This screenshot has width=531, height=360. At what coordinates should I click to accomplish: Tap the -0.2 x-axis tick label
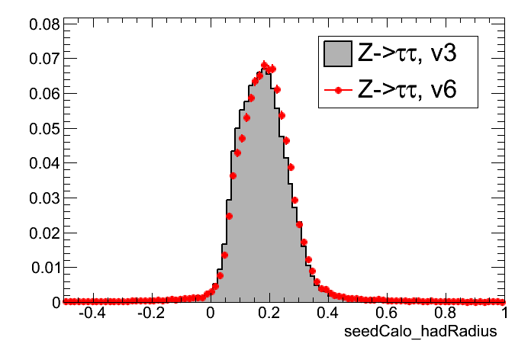point(150,313)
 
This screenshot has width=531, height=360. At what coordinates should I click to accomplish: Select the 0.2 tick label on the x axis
point(269,313)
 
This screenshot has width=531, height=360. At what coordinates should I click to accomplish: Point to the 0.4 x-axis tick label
point(328,313)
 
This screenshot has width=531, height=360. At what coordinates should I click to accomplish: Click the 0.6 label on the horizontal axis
point(387,313)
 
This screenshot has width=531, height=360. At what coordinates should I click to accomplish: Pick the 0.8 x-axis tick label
point(446,313)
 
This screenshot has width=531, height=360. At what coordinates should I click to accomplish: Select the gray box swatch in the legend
point(337,53)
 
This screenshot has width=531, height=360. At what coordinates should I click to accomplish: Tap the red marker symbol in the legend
point(337,90)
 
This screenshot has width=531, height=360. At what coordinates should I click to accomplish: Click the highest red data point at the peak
point(264,65)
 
